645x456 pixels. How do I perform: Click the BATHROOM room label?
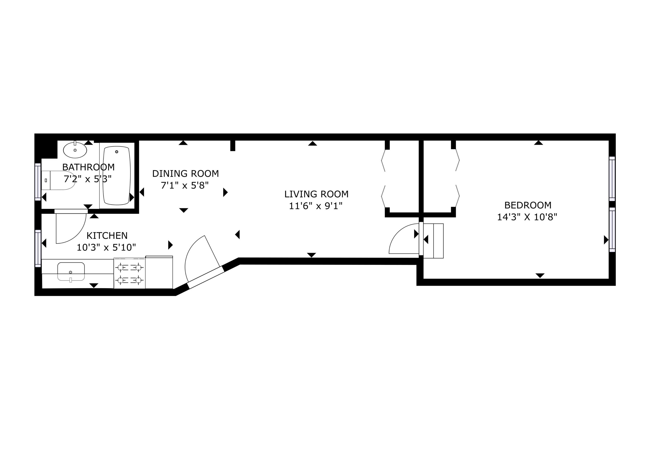[x=88, y=167]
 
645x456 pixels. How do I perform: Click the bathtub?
[x=117, y=176]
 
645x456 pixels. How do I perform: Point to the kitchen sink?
[x=71, y=271]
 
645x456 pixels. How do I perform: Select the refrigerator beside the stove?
[x=159, y=272]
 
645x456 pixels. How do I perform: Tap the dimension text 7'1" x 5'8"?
[x=184, y=185]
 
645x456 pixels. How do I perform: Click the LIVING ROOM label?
[x=316, y=194]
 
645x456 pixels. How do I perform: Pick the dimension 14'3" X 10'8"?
[x=527, y=217]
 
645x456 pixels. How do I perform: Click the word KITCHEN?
[x=107, y=235]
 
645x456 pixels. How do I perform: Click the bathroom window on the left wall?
[x=38, y=182]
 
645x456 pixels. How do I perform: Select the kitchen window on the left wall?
[x=38, y=248]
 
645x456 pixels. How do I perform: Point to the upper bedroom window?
[x=612, y=178]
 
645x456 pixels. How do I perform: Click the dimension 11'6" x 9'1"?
[x=316, y=206]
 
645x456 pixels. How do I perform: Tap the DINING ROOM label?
[x=185, y=174]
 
